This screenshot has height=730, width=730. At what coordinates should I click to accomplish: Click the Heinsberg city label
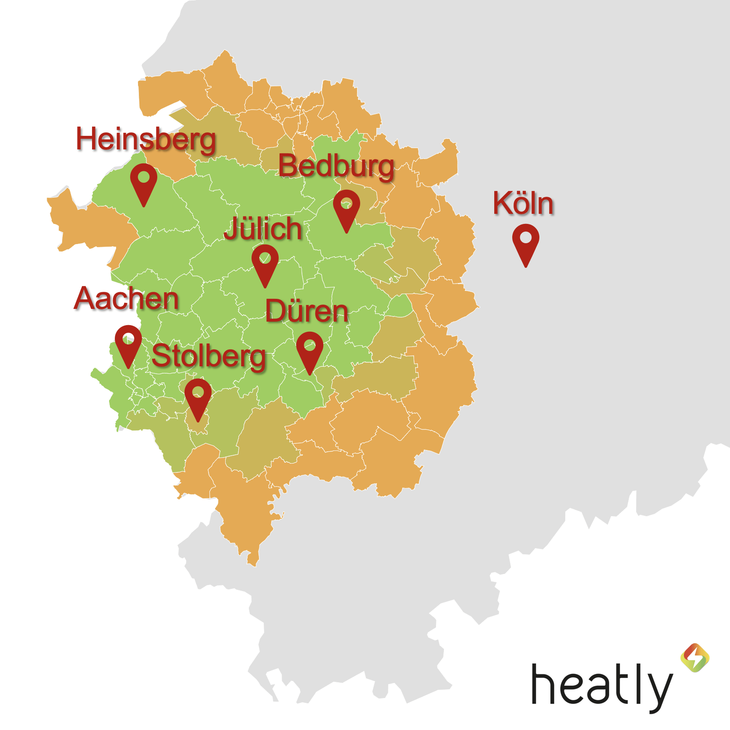pyautogui.click(x=146, y=140)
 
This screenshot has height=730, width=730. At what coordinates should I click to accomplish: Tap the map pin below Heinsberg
pyautogui.click(x=144, y=181)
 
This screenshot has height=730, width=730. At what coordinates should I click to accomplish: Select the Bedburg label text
pyautogui.click(x=336, y=167)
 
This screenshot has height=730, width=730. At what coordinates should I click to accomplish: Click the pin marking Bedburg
pyautogui.click(x=347, y=208)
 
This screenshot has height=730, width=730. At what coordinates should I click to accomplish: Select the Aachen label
pyautogui.click(x=127, y=299)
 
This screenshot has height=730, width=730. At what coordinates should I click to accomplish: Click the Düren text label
pyautogui.click(x=307, y=312)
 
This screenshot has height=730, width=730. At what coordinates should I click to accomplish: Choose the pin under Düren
pyautogui.click(x=310, y=350)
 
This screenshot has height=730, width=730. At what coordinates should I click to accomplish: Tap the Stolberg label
pyautogui.click(x=209, y=356)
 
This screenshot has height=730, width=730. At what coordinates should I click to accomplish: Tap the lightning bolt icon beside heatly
pyautogui.click(x=695, y=657)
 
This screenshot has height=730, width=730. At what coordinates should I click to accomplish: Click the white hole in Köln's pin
pyautogui.click(x=526, y=238)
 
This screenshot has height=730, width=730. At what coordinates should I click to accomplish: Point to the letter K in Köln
pyautogui.click(x=502, y=203)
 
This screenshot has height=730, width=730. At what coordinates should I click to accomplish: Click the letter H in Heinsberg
pyautogui.click(x=86, y=138)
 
